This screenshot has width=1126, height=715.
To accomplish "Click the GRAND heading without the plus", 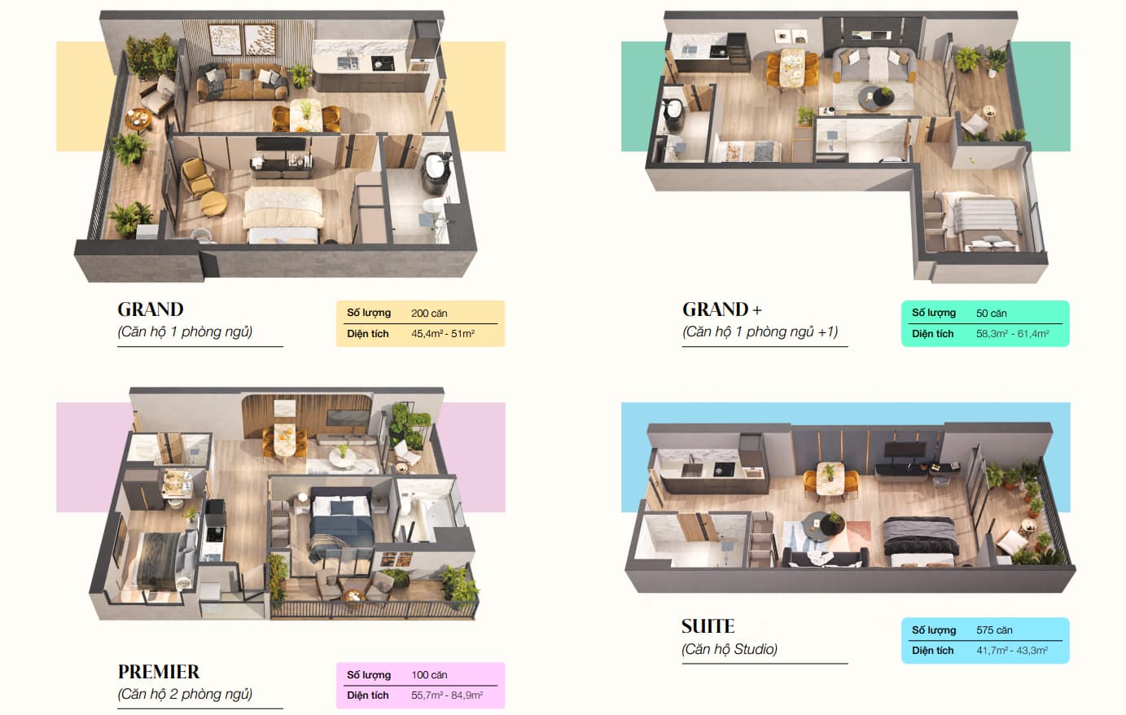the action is (151, 309).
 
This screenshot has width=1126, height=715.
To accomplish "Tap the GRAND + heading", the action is (722, 309).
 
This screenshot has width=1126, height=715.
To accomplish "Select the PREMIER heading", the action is (158, 671).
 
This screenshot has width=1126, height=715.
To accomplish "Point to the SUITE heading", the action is (708, 626).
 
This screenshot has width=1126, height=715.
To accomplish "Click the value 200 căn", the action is (429, 314).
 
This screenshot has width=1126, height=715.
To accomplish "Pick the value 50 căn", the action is (992, 314).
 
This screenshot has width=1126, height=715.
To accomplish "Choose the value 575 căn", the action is (994, 630).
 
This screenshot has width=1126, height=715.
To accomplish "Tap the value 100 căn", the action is (429, 675).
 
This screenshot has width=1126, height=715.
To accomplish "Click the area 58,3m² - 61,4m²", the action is (1012, 333).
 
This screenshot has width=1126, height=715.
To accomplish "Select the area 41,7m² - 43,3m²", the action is (1012, 650).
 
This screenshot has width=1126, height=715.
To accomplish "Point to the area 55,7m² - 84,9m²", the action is (447, 695).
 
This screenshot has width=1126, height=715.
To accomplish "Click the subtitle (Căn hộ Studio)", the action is (729, 649).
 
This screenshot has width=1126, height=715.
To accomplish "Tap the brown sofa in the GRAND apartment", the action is (241, 81).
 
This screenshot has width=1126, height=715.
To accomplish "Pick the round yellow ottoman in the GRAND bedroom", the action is (213, 204).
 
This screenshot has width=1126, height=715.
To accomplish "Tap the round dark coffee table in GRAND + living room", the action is (875, 98).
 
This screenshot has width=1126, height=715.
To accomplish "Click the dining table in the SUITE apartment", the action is (830, 478).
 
